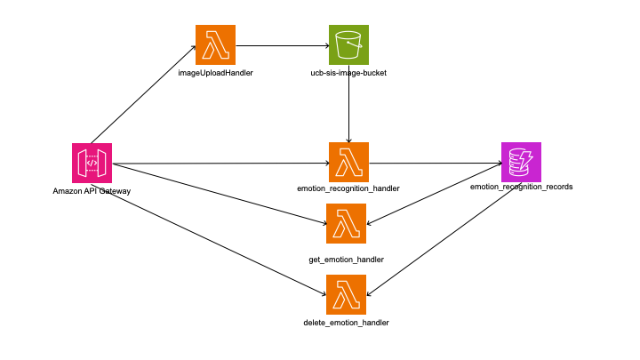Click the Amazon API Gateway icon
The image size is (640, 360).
pos(92,164)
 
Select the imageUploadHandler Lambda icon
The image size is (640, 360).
pos(216,44)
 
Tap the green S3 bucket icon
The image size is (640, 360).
pos(348,44)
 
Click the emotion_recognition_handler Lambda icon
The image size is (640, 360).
pos(348,163)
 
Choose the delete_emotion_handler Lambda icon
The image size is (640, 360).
pos(346,295)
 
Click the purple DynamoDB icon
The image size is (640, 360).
pos(521,162)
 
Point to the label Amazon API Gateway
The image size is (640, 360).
pos(92,192)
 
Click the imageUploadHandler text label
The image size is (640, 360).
pos(216,72)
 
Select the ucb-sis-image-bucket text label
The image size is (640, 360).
pos(348,72)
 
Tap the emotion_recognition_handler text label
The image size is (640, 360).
pos(348,189)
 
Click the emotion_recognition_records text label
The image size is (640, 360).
pos(522,188)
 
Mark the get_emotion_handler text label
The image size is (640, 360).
pos(346,260)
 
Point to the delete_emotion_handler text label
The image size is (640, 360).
pos(346,322)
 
